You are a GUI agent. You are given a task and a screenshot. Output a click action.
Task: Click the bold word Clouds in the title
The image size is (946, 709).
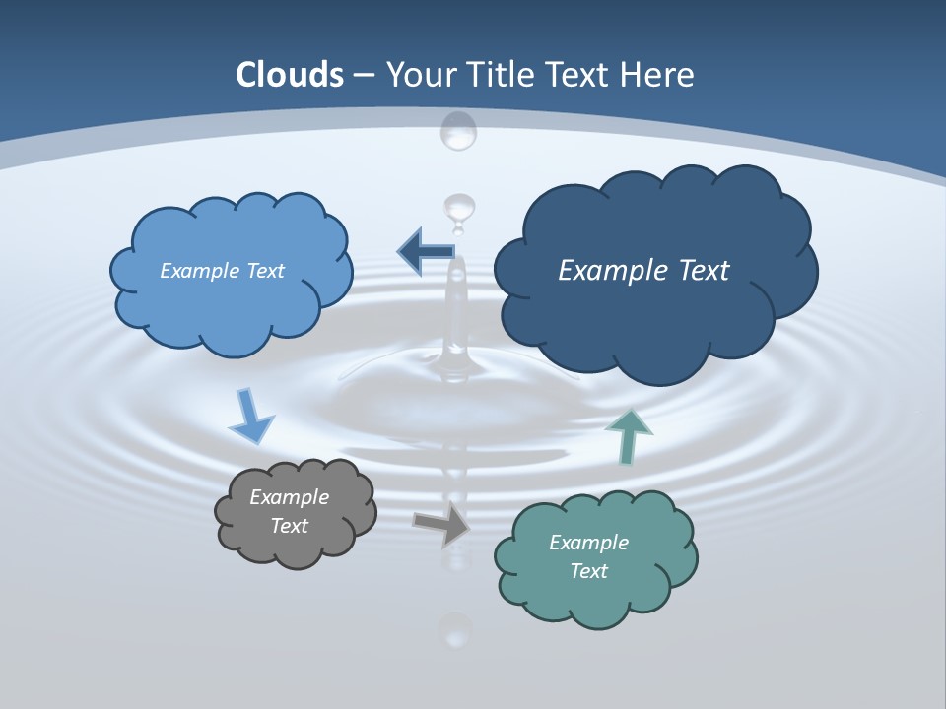(290, 75)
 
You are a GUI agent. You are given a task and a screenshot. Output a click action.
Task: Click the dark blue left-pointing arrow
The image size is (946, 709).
(426, 252)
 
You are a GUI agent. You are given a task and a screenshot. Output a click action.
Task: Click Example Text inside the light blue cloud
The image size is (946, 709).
(222, 271)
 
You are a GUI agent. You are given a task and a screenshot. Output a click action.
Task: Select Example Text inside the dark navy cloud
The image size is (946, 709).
(643, 271)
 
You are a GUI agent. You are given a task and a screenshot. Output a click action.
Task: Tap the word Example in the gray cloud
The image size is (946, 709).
(289, 497)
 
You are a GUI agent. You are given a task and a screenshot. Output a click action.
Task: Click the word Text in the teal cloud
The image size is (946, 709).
(588, 571)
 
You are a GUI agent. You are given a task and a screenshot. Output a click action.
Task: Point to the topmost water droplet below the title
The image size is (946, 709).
(458, 130)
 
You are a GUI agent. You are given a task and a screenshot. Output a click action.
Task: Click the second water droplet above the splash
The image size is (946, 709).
(459, 208)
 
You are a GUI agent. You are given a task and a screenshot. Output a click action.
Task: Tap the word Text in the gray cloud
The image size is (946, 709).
(289, 526)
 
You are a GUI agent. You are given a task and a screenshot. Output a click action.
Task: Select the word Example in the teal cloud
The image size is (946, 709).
(588, 543)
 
